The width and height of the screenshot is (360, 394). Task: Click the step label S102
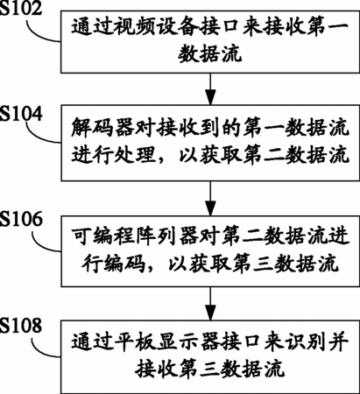point(21,8)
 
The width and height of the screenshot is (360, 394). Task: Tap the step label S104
point(21,113)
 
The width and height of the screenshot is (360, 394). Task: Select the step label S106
point(21,219)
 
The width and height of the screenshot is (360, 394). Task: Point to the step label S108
point(21,325)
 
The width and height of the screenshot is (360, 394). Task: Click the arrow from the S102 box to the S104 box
point(210,88)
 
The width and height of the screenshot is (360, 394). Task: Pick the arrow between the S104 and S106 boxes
point(210,198)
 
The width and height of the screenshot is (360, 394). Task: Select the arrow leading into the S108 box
point(210,304)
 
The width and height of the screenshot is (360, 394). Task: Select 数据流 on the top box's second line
point(210,55)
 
